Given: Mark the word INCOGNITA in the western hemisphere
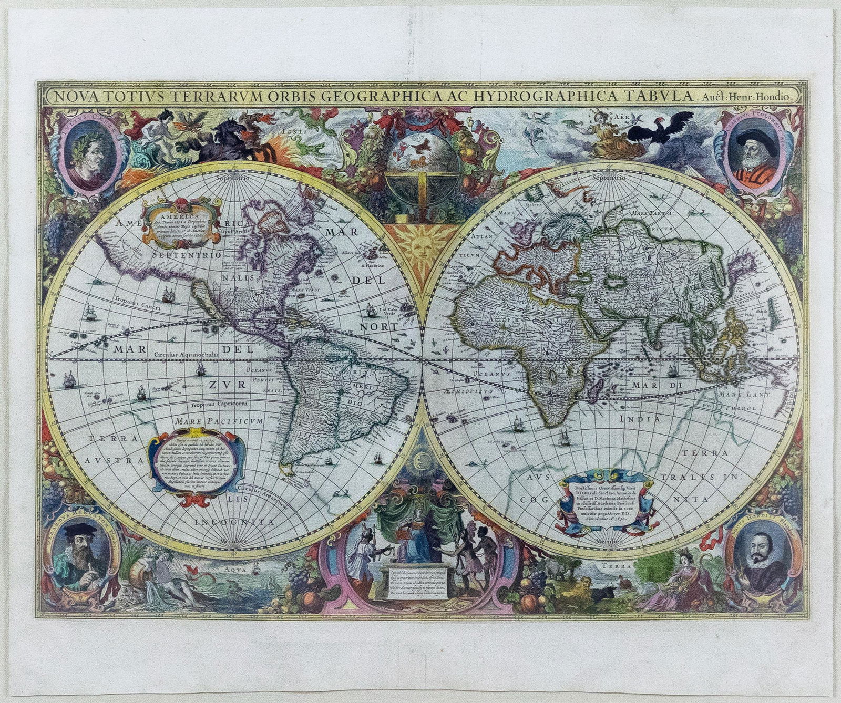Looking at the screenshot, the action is pyautogui.click(x=235, y=522).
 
